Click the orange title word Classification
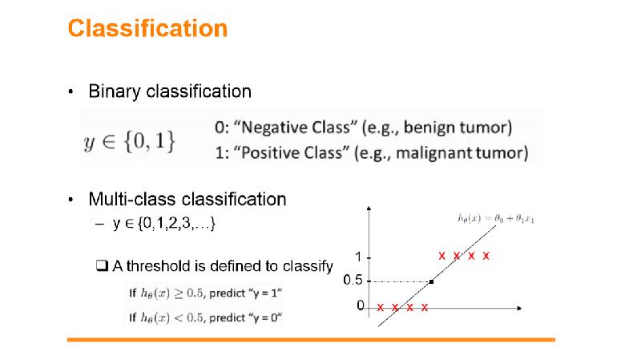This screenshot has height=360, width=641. tap(147, 28)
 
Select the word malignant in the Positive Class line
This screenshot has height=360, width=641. tap(433, 153)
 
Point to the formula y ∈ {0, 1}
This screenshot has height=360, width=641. tap(130, 141)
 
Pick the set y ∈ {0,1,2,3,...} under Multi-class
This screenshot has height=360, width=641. tap(164, 224)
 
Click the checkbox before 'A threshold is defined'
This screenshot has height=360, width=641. tap(102, 266)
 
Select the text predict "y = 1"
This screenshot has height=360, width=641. tap(246, 293)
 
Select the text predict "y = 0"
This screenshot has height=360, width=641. tap(246, 318)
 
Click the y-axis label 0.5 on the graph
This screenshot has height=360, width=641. tap(353, 281)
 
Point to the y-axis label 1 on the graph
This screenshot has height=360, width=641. tap(358, 257)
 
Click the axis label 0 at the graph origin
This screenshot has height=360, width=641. tap(360, 305)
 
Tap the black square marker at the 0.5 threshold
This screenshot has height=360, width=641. tap(431, 281)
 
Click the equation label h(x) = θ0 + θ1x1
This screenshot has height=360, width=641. tap(496, 219)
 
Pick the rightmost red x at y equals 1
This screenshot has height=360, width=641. tap(486, 256)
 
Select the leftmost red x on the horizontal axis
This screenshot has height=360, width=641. tap(380, 307)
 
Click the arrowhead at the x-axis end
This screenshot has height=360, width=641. tap(519, 308)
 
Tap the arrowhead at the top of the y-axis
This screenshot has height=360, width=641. tap(369, 208)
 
